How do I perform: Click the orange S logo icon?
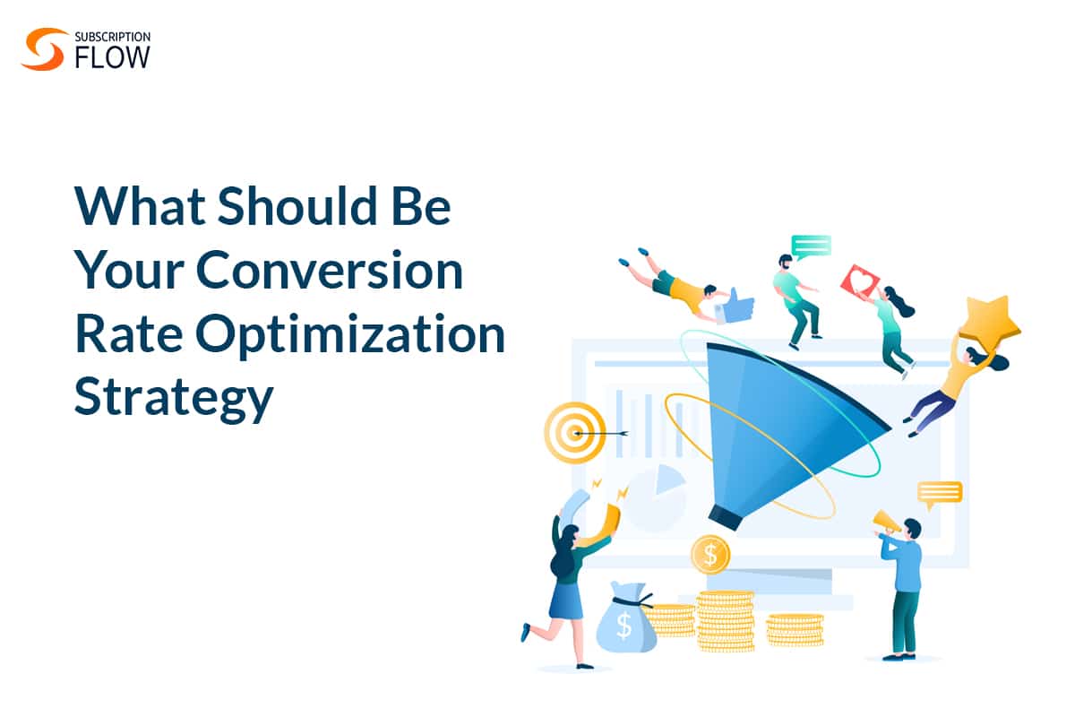[42, 49]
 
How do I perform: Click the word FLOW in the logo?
[112, 57]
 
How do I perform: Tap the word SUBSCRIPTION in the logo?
[113, 37]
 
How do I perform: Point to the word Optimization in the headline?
[350, 335]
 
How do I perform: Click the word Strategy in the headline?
[174, 399]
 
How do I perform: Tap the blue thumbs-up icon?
[735, 305]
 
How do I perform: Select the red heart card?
[860, 281]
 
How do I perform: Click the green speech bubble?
[811, 246]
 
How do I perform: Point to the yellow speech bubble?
[940, 495]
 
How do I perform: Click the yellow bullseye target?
[574, 433]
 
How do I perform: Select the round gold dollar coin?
[710, 555]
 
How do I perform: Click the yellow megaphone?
[886, 522]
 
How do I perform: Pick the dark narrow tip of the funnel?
[725, 517]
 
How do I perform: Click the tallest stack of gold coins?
[725, 621]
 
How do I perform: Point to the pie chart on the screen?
[656, 497]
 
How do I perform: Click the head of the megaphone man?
[911, 530]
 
